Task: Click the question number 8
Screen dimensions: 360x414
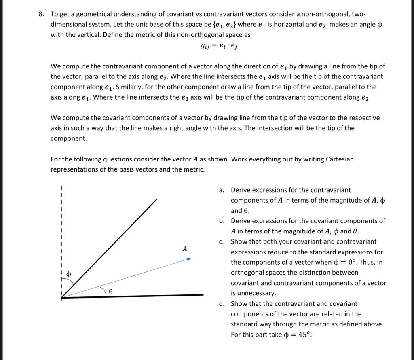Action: pyautogui.click(x=41, y=14)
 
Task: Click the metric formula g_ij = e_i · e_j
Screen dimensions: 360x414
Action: pyautogui.click(x=219, y=46)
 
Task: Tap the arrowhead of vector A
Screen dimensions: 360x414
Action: pyautogui.click(x=188, y=258)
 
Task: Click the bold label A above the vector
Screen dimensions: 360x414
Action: pyautogui.click(x=185, y=249)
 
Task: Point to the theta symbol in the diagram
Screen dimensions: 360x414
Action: pyautogui.click(x=110, y=291)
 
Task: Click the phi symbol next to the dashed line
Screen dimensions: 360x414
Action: pyautogui.click(x=69, y=274)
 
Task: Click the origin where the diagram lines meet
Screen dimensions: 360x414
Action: pyautogui.click(x=62, y=298)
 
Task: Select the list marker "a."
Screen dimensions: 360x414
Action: pyautogui.click(x=222, y=190)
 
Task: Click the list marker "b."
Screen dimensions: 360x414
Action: pyautogui.click(x=222, y=221)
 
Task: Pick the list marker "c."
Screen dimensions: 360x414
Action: pyautogui.click(x=221, y=241)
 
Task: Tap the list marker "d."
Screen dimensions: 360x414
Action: pyautogui.click(x=222, y=303)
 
